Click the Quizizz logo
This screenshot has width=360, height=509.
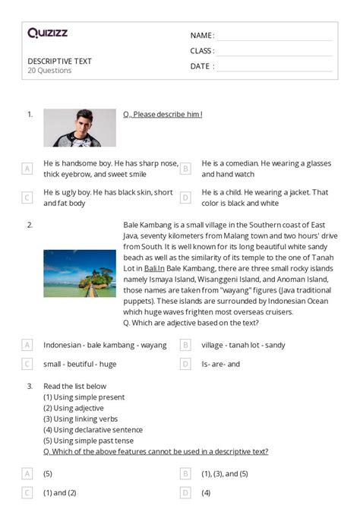coord(48,33)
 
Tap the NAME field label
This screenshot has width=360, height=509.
coord(201,36)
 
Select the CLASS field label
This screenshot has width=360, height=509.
coord(202,51)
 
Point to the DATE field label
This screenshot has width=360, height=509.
coord(201,66)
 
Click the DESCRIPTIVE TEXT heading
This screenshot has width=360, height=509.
coord(59,61)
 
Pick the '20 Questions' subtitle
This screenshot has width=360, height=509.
coord(49,71)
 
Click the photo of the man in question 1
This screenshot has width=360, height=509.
coord(80,128)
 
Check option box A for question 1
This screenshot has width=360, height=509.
coord(27,169)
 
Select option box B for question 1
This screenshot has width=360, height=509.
coord(185,169)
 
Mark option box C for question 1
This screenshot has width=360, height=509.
coord(27,198)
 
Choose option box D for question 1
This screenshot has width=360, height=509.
coord(185,198)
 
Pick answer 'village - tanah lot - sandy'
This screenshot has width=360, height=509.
coord(243,344)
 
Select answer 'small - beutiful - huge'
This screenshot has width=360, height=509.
coord(80,364)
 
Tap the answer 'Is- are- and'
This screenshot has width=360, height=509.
coord(220,364)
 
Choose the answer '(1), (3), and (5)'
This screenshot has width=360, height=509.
coord(225,473)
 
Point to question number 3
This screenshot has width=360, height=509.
coord(30,386)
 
